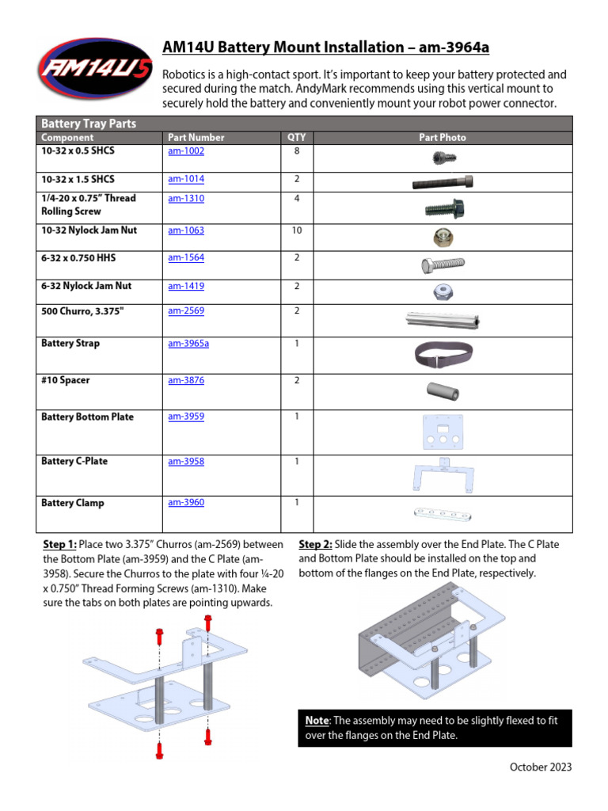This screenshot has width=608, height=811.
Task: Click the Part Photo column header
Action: [442, 138]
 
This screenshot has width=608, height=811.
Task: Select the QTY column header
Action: [296, 138]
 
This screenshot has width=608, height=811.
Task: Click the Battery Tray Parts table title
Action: [88, 124]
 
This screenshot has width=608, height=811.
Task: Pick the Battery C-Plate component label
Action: [74, 461]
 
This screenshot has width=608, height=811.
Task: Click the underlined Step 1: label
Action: [59, 545]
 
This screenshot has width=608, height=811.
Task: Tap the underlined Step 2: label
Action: [316, 545]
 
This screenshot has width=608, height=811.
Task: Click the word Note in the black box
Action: [317, 721]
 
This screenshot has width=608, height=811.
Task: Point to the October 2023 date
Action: [540, 767]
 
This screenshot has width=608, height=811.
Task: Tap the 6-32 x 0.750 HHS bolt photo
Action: [442, 265]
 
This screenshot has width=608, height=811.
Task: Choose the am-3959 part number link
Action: [185, 417]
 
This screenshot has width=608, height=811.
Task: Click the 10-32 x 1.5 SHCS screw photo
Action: [442, 182]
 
